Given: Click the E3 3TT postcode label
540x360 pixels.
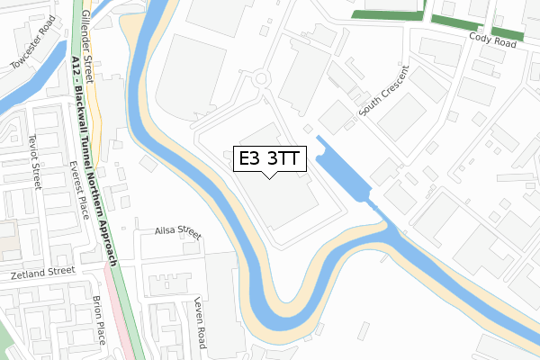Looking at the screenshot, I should pyautogui.click(x=270, y=158).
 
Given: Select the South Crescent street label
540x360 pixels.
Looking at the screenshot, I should pyautogui.click(x=382, y=91).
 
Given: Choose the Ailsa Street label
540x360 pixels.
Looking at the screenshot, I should pyautogui.click(x=175, y=232).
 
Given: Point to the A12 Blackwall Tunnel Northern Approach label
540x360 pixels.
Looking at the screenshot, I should pyautogui.click(x=94, y=161).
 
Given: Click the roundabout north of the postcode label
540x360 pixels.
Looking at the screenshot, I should pyautogui.click(x=262, y=79).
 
